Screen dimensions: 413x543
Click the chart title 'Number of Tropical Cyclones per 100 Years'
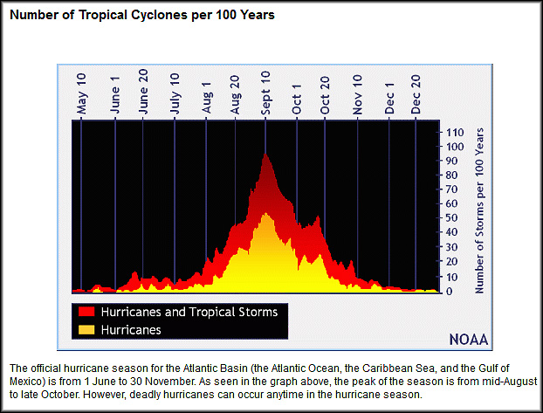(x=142, y=17)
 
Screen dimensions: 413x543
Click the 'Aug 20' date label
(x=236, y=94)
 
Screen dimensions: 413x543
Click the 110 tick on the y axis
(x=455, y=132)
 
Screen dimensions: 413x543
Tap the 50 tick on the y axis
(x=452, y=217)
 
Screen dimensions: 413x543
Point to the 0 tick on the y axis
(x=449, y=291)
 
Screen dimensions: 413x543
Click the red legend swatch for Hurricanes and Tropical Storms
(x=86, y=311)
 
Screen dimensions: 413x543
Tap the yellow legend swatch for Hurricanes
(x=86, y=329)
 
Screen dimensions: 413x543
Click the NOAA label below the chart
(x=468, y=339)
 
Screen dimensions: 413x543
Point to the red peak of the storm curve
(x=264, y=155)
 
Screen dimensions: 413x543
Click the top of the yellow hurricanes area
(x=265, y=214)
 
